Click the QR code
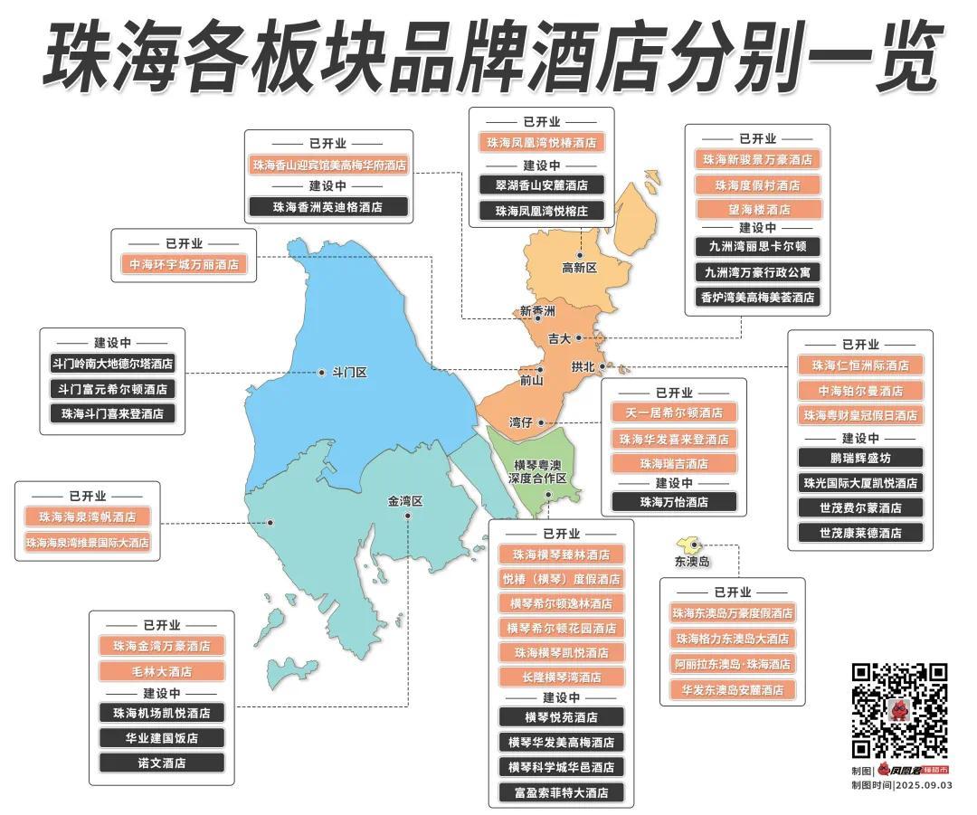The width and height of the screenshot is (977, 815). point(899,711)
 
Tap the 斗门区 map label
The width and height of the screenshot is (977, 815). point(349,373)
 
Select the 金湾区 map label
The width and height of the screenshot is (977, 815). point(405,501)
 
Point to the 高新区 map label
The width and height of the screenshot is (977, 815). point(580,268)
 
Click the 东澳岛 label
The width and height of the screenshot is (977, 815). point(692,562)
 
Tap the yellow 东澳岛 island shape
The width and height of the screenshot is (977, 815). point(688,543)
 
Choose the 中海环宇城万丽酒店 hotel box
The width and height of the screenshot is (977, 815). point(185,265)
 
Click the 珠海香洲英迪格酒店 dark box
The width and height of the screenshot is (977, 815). point(327,207)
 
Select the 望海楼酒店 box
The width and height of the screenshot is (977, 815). point(758,209)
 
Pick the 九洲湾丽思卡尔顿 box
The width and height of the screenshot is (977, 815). point(758,246)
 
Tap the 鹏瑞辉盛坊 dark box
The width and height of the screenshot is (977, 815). point(860,459)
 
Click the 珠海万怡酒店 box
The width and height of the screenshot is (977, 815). point(674,502)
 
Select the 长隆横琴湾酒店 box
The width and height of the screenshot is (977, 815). point(561,677)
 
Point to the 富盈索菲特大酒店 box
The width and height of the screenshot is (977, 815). point(561,792)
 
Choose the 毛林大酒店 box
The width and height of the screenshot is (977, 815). point(162,672)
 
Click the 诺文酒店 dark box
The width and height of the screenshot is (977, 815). point(162,763)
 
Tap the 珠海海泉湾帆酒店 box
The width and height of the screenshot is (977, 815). point(88,517)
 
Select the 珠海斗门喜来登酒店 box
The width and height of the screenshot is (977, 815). point(113,413)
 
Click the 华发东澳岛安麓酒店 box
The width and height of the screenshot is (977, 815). point(733,689)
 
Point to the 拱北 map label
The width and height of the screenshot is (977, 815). point(583,367)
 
